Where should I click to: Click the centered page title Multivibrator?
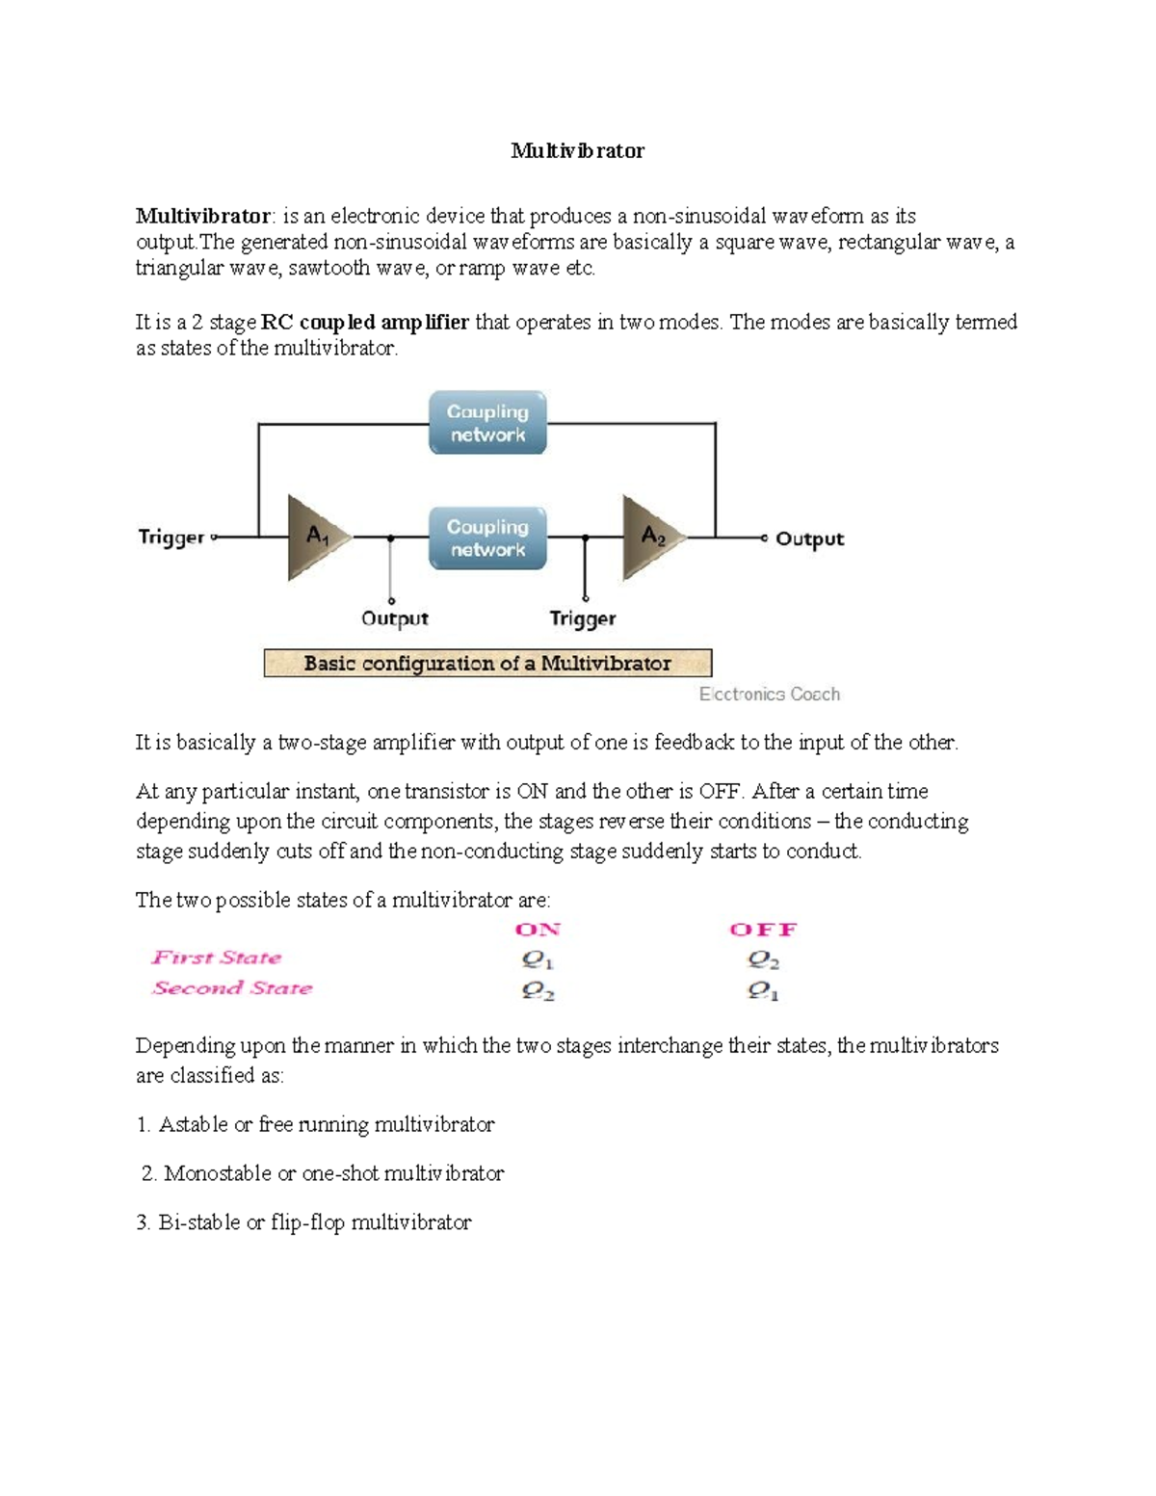pyautogui.click(x=577, y=150)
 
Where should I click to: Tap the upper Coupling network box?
pyautogui.click(x=487, y=423)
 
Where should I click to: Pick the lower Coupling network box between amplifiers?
pyautogui.click(x=487, y=538)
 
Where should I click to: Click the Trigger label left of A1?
pyautogui.click(x=171, y=538)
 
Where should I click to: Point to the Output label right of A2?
pyautogui.click(x=809, y=539)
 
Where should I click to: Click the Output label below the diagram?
pyautogui.click(x=394, y=618)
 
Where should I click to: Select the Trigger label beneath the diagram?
pyautogui.click(x=582, y=618)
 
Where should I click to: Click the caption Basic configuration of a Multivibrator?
pyautogui.click(x=487, y=664)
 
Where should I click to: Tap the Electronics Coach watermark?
pyautogui.click(x=769, y=695)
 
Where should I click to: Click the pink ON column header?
pyautogui.click(x=538, y=930)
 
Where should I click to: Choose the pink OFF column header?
pyautogui.click(x=763, y=930)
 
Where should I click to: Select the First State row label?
pyautogui.click(x=217, y=958)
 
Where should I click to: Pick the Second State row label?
pyautogui.click(x=232, y=988)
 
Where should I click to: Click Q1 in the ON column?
pyautogui.click(x=538, y=960)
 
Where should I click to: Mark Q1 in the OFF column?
pyautogui.click(x=763, y=991)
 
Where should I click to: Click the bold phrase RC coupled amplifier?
pyautogui.click(x=365, y=323)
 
